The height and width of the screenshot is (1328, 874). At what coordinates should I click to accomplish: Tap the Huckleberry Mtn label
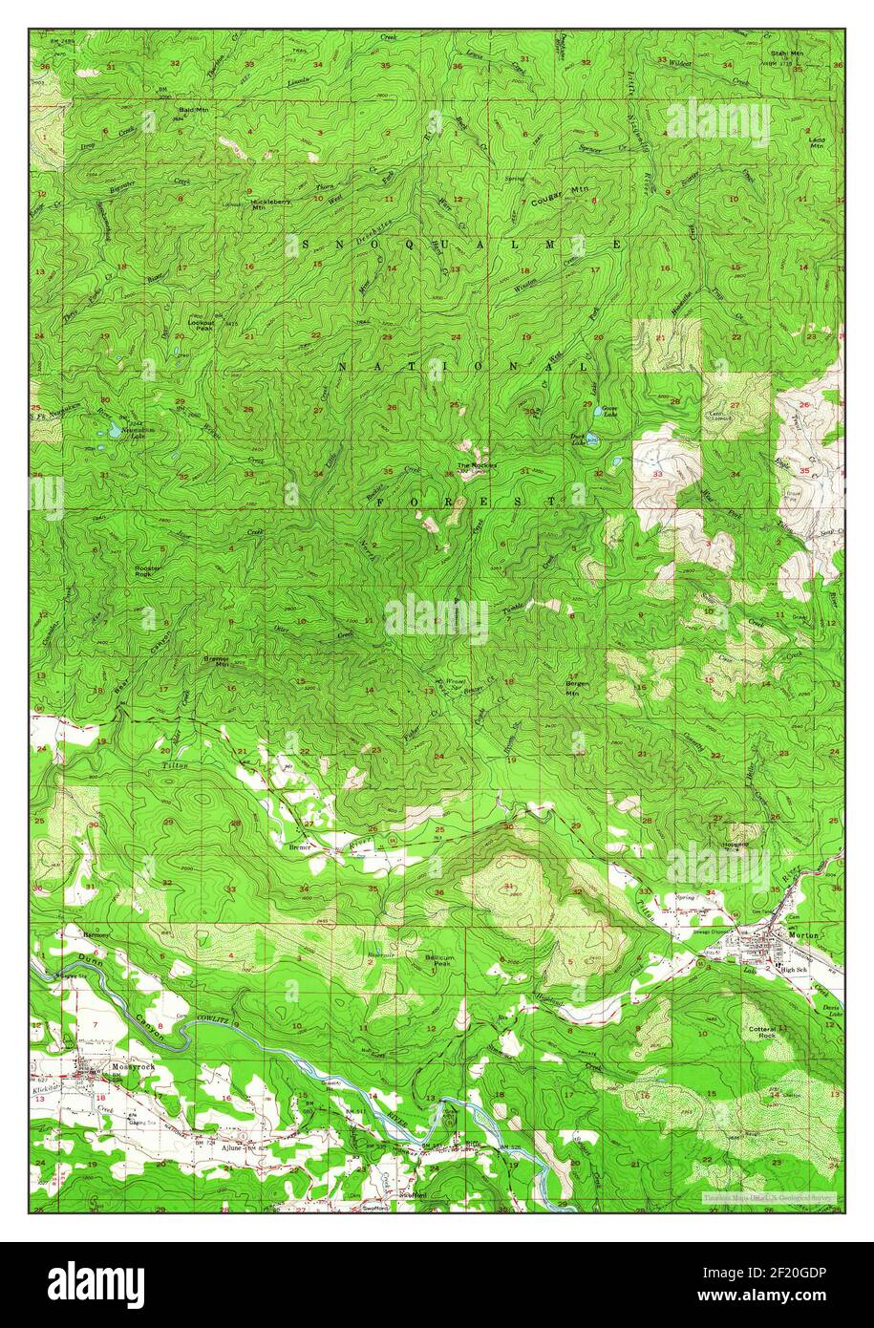[265, 204]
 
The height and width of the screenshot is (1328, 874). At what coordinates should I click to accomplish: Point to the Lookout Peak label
[201, 325]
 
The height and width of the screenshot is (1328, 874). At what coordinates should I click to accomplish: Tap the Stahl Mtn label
[786, 54]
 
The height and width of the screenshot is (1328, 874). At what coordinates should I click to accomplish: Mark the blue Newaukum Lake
[114, 431]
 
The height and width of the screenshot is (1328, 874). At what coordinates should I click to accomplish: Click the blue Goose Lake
[599, 412]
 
